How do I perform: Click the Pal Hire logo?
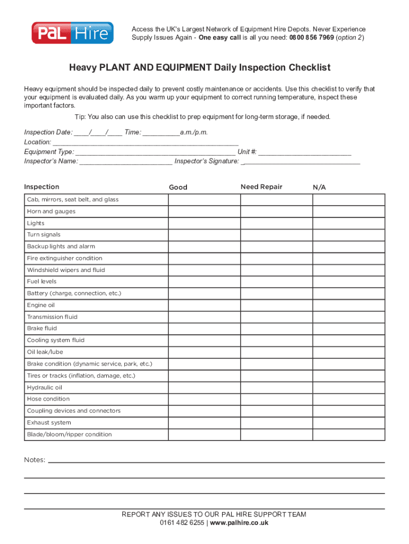pos(72,33)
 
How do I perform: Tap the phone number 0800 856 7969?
pos(312,38)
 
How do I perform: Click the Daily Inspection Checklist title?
pos(200,67)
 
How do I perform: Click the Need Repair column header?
pos(261,187)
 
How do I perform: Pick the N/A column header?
pos(319,188)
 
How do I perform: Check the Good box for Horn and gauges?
pos(204,211)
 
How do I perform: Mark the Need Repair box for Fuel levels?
pos(276,282)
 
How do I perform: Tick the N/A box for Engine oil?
pos(348,305)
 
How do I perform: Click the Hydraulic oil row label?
pos(45,388)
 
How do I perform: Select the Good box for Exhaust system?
pos(204,423)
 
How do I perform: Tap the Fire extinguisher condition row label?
pos(65,258)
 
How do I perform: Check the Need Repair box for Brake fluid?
pos(276,329)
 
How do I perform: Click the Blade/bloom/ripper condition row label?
pos(70,435)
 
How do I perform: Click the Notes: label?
pos(35,460)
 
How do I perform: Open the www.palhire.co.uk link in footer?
pos(239,523)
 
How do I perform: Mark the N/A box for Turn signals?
pos(348,235)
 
